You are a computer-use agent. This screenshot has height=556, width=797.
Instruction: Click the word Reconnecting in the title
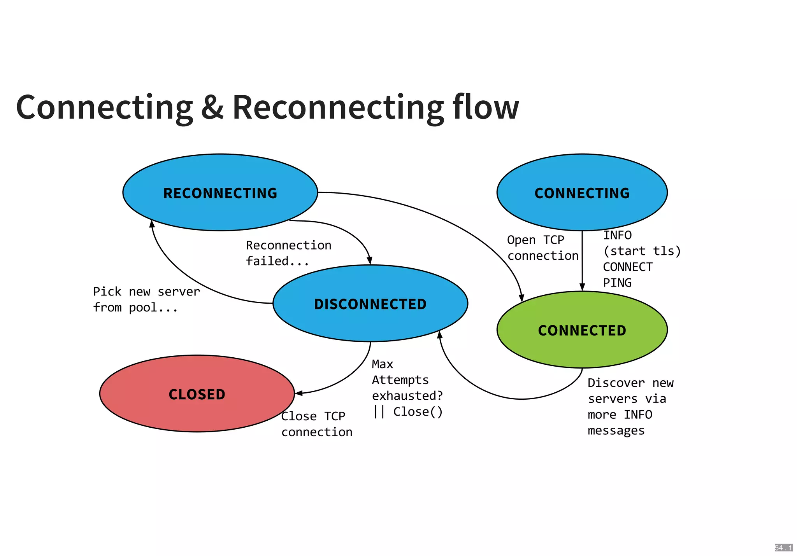(338, 108)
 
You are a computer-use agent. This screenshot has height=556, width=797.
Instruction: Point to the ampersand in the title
(212, 108)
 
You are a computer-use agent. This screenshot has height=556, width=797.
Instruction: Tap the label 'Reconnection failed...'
(288, 253)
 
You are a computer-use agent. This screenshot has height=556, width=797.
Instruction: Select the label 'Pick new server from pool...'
(146, 299)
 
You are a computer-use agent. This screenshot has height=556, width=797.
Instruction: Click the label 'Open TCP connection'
(542, 248)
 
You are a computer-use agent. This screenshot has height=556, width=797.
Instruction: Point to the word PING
(617, 283)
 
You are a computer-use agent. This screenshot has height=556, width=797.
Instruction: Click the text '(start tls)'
(642, 251)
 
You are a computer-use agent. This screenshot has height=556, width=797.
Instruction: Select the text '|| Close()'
(407, 411)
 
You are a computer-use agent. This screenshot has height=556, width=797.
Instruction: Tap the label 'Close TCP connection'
(316, 424)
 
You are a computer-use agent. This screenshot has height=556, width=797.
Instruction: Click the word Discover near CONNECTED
(616, 383)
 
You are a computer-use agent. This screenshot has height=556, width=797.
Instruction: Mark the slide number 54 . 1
(783, 547)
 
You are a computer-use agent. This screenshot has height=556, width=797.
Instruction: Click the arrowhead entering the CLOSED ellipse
(298, 393)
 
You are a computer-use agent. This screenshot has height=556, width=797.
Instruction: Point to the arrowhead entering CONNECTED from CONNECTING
(582, 287)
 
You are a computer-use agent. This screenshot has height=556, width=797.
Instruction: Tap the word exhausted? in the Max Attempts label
(407, 396)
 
